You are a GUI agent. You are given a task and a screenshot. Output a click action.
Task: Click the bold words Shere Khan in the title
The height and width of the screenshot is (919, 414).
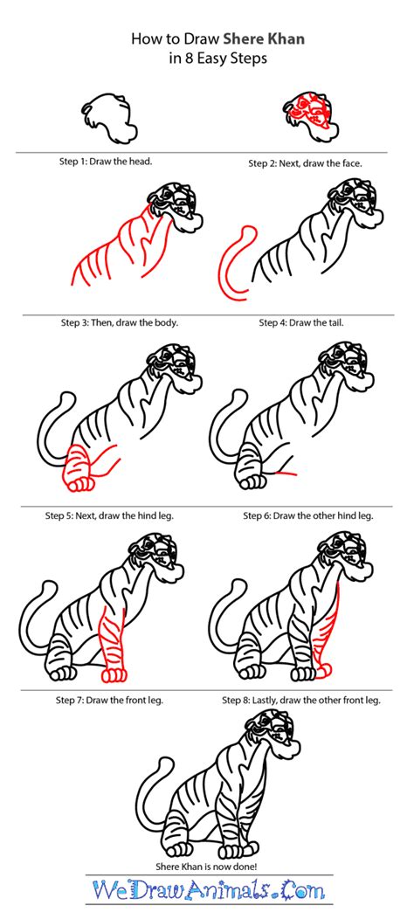pyautogui.click(x=264, y=39)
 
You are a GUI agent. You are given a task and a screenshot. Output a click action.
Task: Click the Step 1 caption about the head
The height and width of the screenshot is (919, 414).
pyautogui.click(x=107, y=161)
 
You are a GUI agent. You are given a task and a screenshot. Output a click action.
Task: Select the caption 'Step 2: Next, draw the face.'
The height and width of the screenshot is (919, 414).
pyautogui.click(x=305, y=163)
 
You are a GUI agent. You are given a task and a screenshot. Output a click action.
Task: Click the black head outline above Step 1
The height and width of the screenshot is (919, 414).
pyautogui.click(x=110, y=119)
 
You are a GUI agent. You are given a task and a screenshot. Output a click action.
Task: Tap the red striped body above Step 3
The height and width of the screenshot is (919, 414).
pyautogui.click(x=123, y=249)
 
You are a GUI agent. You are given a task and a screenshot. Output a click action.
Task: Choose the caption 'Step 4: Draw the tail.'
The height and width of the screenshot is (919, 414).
pyautogui.click(x=301, y=322)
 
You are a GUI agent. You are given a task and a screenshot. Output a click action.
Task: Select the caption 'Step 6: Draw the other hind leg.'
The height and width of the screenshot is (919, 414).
pyautogui.click(x=308, y=516)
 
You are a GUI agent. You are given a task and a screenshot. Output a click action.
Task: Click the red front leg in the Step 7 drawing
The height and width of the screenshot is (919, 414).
pyautogui.click(x=114, y=645)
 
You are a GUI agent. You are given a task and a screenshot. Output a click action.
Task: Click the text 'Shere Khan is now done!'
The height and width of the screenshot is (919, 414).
pyautogui.click(x=206, y=866)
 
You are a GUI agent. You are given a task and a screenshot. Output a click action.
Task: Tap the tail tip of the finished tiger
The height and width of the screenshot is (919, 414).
pyautogui.click(x=166, y=764)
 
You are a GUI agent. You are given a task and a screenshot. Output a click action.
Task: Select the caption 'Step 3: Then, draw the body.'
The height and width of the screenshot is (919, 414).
pyautogui.click(x=120, y=322)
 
